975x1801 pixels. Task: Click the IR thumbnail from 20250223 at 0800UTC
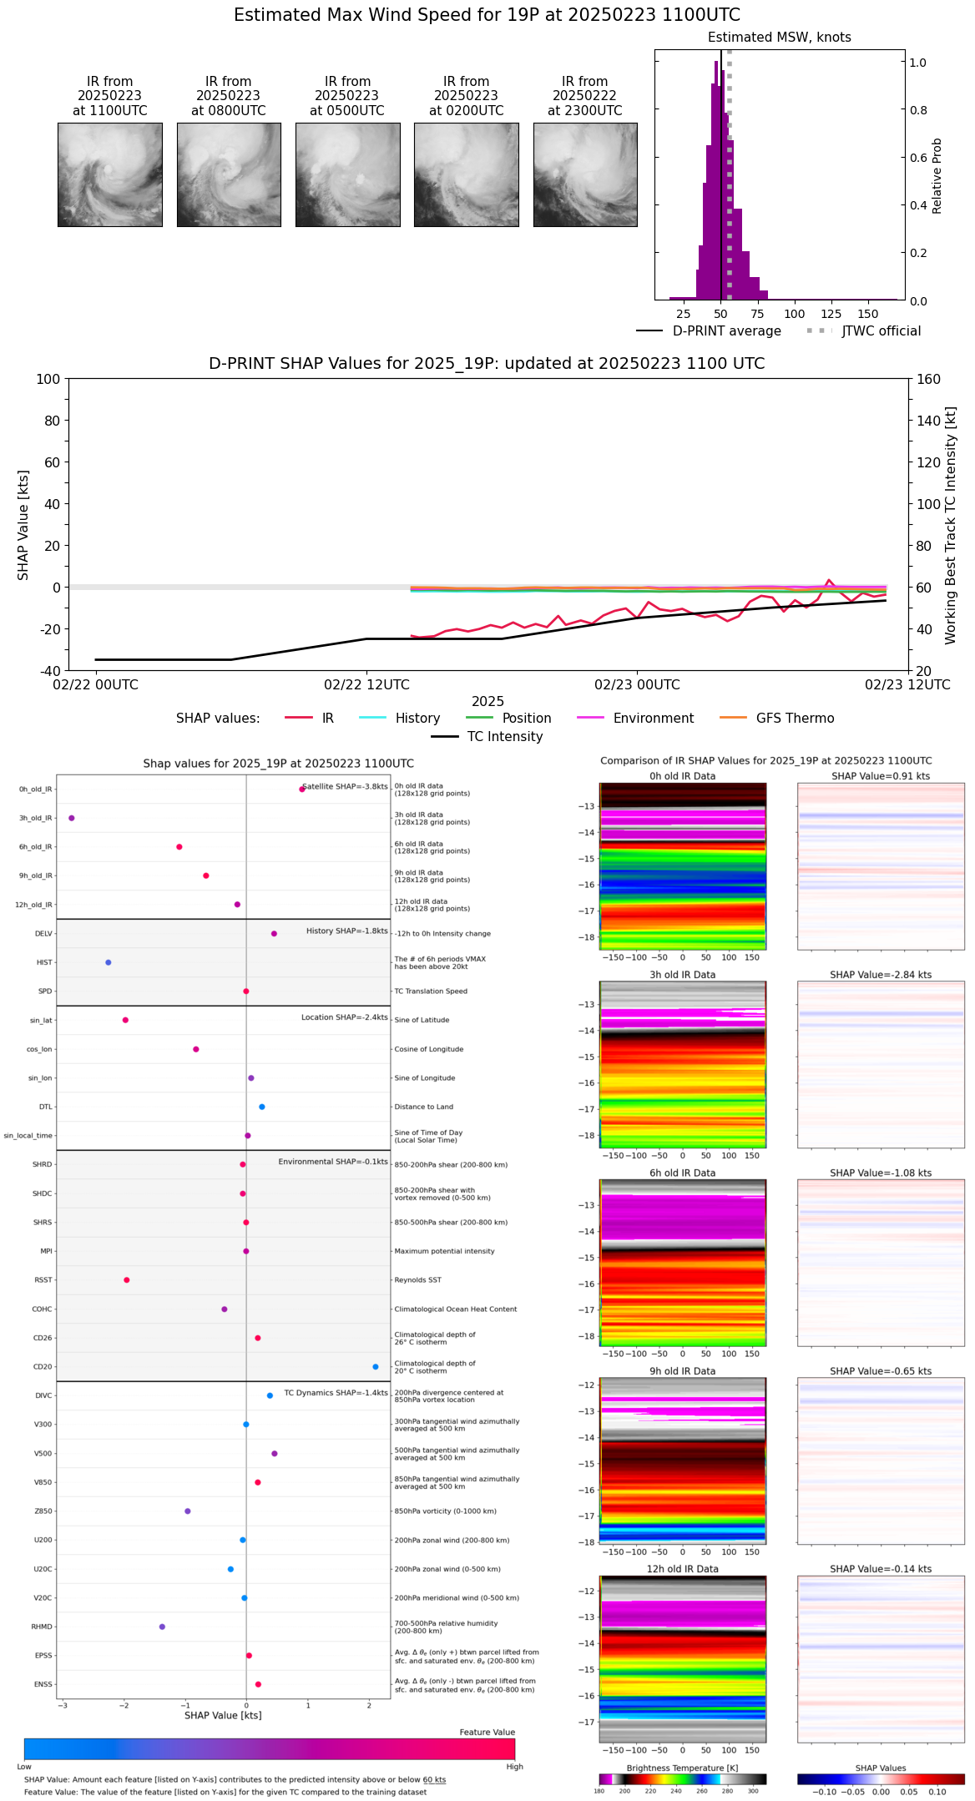click(x=229, y=174)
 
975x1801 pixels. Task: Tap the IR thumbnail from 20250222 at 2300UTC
click(x=585, y=174)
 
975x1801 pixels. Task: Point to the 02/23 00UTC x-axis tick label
click(x=637, y=685)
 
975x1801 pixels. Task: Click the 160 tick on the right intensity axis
click(x=929, y=379)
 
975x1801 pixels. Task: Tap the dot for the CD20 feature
click(x=376, y=1367)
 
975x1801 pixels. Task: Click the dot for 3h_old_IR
click(x=72, y=818)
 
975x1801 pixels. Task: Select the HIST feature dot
click(x=109, y=962)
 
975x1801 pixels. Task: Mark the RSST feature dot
click(x=127, y=1279)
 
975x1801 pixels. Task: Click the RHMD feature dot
click(x=162, y=1627)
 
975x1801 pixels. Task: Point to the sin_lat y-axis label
click(x=41, y=1021)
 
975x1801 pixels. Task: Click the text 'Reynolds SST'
click(x=418, y=1280)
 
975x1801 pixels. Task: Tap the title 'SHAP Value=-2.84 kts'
click(x=881, y=975)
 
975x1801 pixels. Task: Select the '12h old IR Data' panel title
click(x=682, y=1569)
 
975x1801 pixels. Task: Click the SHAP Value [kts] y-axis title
click(x=23, y=525)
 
